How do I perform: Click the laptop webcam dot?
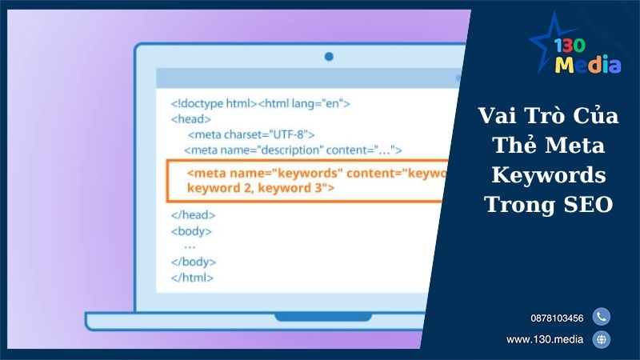[x=328, y=57]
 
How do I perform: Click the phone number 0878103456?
[x=556, y=318]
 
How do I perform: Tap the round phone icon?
[x=602, y=317]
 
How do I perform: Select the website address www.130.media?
[x=545, y=340]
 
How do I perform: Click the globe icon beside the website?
[x=602, y=340]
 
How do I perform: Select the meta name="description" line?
[x=292, y=150]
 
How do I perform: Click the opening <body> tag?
[x=191, y=231]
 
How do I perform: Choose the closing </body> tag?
[x=193, y=262]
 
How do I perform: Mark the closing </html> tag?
[x=192, y=278]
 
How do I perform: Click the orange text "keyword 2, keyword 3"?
[x=260, y=189]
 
